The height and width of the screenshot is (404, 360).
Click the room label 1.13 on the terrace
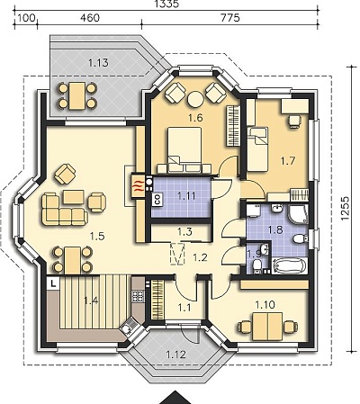coord(98,63)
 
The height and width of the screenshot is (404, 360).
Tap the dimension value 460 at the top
coord(90,18)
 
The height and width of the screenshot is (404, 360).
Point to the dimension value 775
coord(230,18)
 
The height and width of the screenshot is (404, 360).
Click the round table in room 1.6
coord(195,99)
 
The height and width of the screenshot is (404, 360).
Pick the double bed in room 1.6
coord(184,150)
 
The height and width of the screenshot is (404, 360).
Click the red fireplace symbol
coord(137,187)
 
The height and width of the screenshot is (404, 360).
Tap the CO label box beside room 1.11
coord(157,200)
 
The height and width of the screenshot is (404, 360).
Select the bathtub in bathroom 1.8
coord(290,265)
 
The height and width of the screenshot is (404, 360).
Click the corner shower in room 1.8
coord(298,213)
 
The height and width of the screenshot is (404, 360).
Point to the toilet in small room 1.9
coord(256,265)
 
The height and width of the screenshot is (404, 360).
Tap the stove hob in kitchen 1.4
coord(138,296)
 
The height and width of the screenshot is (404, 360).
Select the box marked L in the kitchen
coord(53,283)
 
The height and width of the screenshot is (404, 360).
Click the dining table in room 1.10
coord(267,327)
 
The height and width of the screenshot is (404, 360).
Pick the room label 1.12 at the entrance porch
coord(175,355)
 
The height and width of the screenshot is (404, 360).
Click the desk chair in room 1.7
coord(293,121)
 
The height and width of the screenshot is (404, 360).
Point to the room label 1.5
coord(97,237)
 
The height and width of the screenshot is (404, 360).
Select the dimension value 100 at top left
coord(25,18)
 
